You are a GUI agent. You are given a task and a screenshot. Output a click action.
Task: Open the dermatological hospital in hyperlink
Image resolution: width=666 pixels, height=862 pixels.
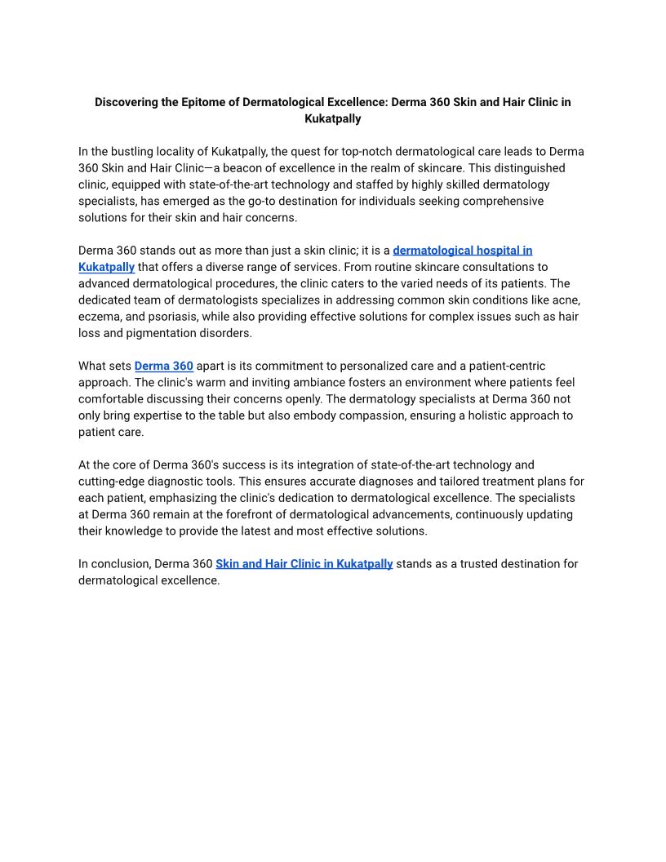(x=462, y=251)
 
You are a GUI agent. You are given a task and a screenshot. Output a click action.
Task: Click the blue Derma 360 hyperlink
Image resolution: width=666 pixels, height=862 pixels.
(x=163, y=366)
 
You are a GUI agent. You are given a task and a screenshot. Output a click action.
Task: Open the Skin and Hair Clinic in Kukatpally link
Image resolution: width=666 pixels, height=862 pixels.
(x=304, y=563)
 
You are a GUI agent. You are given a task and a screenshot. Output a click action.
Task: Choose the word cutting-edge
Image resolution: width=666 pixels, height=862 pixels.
(x=113, y=482)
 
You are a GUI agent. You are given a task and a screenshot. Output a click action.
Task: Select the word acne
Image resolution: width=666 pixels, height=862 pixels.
(x=567, y=300)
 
